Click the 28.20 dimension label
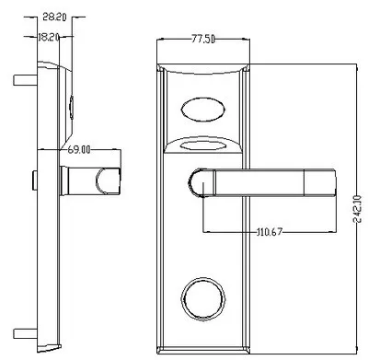point(54,17)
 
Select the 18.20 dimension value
point(48,38)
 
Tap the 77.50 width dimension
point(203,40)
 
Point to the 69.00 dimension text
point(79,150)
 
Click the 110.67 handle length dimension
point(269,231)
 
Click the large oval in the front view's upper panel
point(203,110)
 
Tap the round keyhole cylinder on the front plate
point(203,299)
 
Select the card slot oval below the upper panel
point(203,145)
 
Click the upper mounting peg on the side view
point(25,80)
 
